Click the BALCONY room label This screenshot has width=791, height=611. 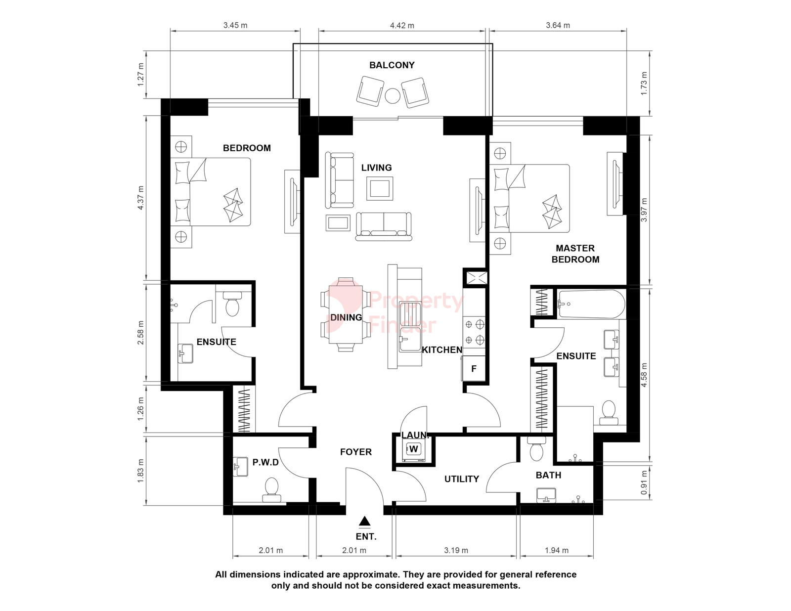point(392,65)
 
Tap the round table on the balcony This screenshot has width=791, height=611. point(393,96)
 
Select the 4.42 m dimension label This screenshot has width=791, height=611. point(402,26)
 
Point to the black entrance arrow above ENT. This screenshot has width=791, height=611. point(364,522)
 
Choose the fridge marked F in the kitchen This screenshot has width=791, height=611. point(474,369)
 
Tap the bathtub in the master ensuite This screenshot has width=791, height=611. point(592,304)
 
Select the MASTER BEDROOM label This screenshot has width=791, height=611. point(575,254)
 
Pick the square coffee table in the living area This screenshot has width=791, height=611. point(380,188)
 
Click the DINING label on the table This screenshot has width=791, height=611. point(346,318)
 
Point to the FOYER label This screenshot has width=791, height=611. point(355,452)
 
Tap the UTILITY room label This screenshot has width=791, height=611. point(462,479)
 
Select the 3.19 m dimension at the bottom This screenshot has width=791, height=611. point(456,551)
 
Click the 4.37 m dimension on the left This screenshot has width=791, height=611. point(141,198)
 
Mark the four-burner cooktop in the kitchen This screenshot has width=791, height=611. point(474,332)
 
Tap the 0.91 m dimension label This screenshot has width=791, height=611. point(644,482)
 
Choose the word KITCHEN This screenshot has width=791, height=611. point(442,350)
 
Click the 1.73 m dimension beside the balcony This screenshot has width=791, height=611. point(644,84)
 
